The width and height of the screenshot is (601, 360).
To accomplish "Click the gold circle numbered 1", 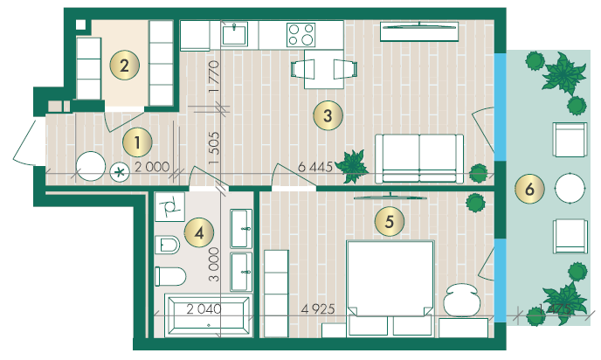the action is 137,142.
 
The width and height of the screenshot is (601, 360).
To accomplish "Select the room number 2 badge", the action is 125,66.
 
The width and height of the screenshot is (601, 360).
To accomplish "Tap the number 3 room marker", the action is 328,115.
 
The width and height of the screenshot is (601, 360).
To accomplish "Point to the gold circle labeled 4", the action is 199,232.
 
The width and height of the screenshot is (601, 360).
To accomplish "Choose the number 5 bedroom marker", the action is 390,221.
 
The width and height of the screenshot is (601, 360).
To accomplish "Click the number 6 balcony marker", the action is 529,189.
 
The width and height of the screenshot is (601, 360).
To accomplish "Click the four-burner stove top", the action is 300,35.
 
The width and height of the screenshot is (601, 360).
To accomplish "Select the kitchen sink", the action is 234,34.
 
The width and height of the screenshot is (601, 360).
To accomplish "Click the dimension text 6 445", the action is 315,167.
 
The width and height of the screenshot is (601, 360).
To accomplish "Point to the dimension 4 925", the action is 318,308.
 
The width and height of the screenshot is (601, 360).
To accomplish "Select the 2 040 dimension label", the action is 204,308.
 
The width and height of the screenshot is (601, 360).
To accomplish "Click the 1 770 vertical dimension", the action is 214,76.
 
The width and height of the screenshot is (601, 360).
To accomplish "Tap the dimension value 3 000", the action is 214,265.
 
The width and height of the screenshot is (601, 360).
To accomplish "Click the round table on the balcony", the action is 570,188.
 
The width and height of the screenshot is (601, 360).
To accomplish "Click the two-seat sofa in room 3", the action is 419,158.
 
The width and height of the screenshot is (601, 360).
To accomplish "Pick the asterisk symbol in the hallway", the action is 120,172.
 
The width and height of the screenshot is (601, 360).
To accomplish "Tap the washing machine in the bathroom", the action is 169,206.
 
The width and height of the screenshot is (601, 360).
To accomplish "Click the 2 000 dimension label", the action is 152,167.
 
